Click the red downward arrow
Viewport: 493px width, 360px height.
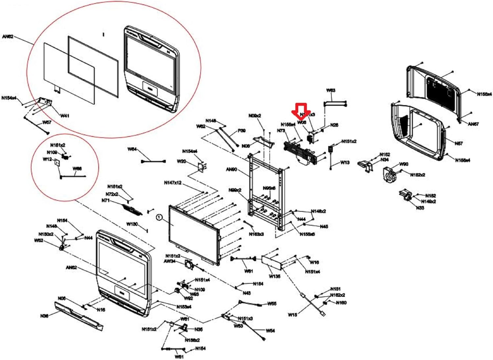pos(301,111)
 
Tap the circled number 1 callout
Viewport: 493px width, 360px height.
pos(159,217)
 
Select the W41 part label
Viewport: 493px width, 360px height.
pos(65,116)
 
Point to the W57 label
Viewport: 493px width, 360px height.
pos(47,123)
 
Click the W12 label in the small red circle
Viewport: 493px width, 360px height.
pos(47,159)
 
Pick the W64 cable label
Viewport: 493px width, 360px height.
pos(132,149)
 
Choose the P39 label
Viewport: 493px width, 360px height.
pos(242,130)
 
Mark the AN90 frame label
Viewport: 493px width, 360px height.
pos(231,169)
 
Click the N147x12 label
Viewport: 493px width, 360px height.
pos(173,183)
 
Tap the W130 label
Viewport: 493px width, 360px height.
pos(132,224)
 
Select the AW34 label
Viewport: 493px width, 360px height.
pos(170,261)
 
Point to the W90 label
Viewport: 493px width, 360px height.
pos(404,164)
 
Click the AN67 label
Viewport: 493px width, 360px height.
pos(473,124)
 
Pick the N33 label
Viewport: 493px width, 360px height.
pos(420,208)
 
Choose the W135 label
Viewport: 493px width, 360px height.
pos(274,276)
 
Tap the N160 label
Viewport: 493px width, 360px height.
pos(341,303)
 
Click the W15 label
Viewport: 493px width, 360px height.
pos(292,315)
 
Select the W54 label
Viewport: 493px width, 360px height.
pos(270,331)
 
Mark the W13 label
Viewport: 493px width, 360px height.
pos(345,162)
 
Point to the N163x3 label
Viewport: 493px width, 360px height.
pos(256,234)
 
